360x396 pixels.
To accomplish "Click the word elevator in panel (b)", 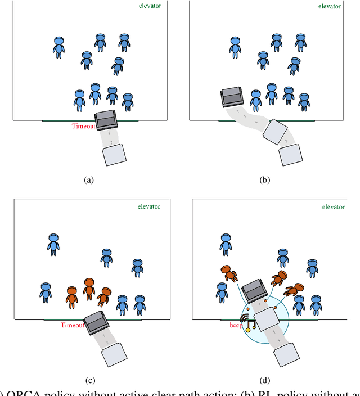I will pyautogui.click(x=330, y=6).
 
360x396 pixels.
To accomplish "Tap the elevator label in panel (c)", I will pyautogui.click(x=148, y=206).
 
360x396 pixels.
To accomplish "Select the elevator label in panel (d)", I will pyautogui.click(x=334, y=207).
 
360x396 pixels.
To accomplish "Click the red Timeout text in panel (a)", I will pyautogui.click(x=83, y=126).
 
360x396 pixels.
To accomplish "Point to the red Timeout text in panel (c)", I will pyautogui.click(x=73, y=325).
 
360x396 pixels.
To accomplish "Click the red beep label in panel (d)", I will pyautogui.click(x=236, y=326).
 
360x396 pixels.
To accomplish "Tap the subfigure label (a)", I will pyautogui.click(x=88, y=180).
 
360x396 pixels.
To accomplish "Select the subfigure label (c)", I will pyautogui.click(x=88, y=380).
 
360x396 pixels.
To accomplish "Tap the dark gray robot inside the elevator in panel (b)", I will pyautogui.click(x=232, y=97).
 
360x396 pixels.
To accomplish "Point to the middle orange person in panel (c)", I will pyautogui.click(x=88, y=288).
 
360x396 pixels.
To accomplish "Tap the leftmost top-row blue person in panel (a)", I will pyautogui.click(x=58, y=47).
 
